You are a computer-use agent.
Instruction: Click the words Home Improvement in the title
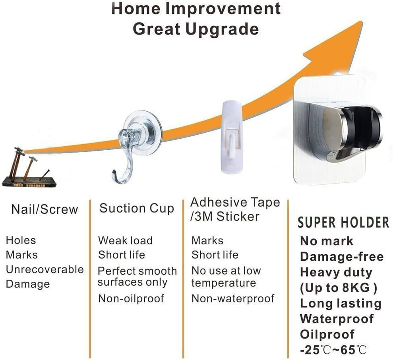(196, 8)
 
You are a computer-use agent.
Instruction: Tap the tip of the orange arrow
(362, 21)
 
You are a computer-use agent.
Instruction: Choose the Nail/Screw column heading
(45, 209)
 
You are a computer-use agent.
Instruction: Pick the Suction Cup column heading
(137, 208)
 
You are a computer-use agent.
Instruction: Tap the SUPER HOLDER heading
(343, 223)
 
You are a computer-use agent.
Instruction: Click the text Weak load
(125, 240)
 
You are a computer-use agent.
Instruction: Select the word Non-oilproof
(131, 298)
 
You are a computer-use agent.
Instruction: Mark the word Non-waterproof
(233, 298)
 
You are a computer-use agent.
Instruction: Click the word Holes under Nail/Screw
(21, 240)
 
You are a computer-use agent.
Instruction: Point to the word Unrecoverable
(45, 269)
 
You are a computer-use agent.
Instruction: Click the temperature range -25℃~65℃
(333, 350)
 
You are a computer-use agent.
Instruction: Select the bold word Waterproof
(337, 319)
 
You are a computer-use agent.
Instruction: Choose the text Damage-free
(342, 256)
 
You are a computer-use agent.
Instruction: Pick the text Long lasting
(341, 303)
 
